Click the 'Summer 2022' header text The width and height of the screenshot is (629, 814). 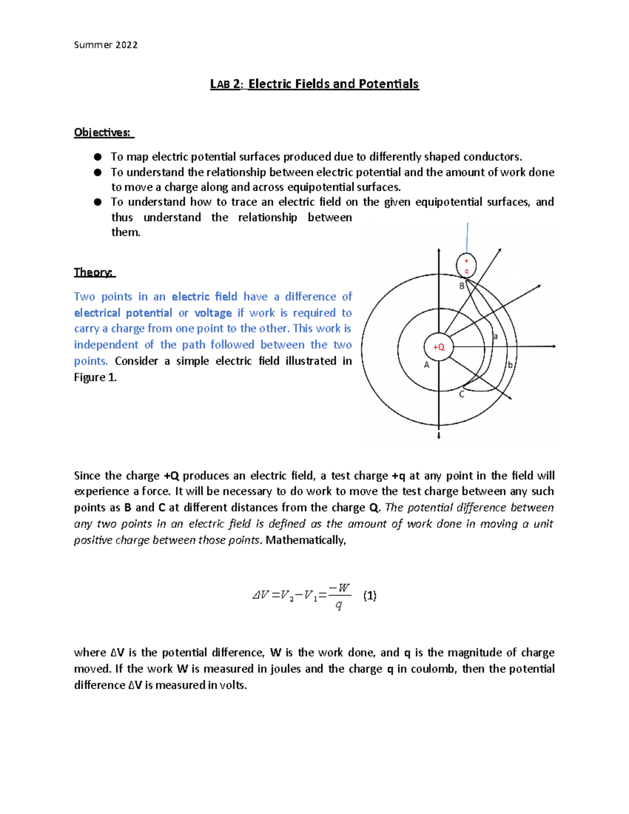106,45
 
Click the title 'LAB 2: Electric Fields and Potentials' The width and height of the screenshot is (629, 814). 314,84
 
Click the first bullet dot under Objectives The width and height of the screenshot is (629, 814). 97,157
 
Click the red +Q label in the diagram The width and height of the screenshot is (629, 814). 439,347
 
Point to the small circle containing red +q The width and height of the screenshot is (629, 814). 466,265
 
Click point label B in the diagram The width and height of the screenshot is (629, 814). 462,286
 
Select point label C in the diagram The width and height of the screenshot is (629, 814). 461,395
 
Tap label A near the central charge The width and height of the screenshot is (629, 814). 426,365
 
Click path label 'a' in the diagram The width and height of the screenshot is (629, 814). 495,337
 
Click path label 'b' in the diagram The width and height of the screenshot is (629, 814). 510,365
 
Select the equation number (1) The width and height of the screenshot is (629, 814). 370,595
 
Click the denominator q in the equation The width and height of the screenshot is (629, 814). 339,605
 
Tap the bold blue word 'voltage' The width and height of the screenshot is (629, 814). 213,313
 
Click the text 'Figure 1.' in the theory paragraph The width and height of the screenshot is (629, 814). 95,377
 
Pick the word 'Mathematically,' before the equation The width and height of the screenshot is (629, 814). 306,540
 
